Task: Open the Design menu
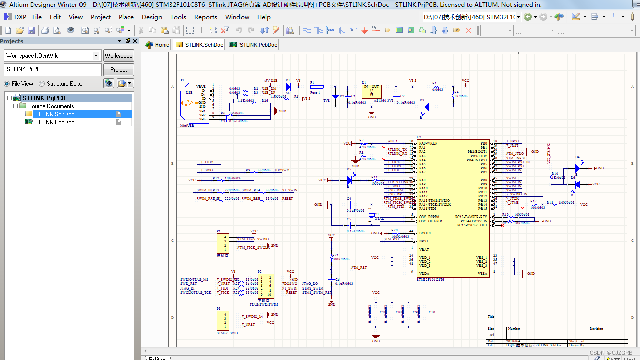tap(151, 17)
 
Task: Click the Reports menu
tap(205, 17)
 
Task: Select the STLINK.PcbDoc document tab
tap(253, 45)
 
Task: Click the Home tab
tap(157, 45)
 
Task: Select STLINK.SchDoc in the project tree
tap(54, 114)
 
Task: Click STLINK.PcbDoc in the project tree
tap(54, 122)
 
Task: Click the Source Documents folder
tap(50, 106)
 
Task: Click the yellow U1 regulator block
tap(372, 91)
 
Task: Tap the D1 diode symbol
tap(288, 87)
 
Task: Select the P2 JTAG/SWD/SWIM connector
tap(266, 286)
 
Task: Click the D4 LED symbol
tap(578, 168)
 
